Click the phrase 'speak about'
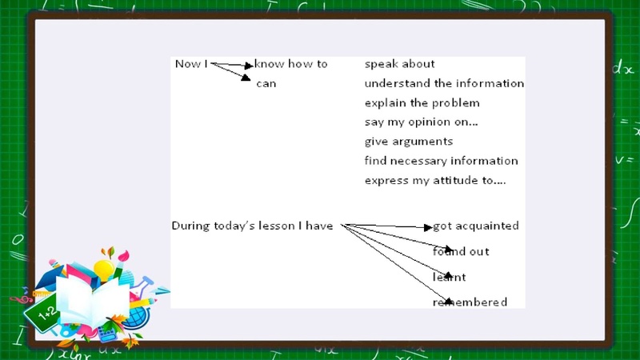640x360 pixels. tap(399, 64)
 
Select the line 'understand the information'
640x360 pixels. tap(444, 83)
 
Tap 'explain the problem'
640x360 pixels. tap(422, 103)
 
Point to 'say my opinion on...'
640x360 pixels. tap(422, 122)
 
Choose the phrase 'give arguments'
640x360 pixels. tap(409, 142)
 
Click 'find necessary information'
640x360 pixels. tap(442, 161)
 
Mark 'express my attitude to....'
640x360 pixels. tap(435, 181)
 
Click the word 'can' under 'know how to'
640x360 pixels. tap(266, 84)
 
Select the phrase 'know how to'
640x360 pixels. tap(290, 64)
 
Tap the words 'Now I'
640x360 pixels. tap(191, 64)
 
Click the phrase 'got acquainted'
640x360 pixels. tap(476, 226)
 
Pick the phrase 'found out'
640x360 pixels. tap(461, 251)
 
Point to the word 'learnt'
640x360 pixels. tap(449, 277)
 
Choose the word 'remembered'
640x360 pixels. tap(470, 302)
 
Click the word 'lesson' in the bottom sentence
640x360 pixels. tap(278, 226)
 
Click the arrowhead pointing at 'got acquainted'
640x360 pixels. tap(428, 227)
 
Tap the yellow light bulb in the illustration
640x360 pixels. tap(104, 270)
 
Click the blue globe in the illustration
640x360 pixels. tap(138, 317)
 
